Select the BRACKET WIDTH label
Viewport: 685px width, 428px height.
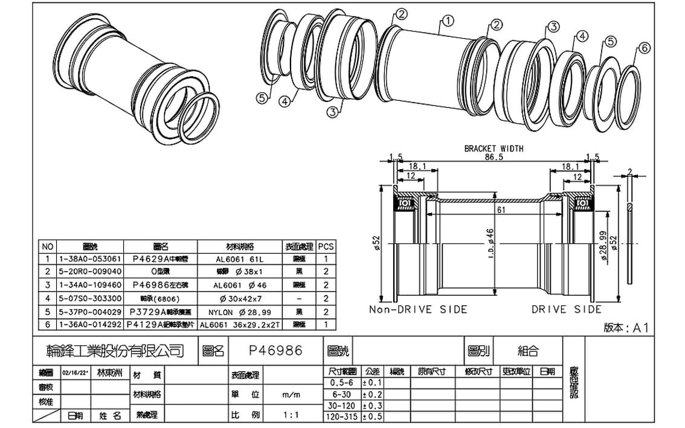tap(494, 148)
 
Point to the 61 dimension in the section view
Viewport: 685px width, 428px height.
tap(501, 209)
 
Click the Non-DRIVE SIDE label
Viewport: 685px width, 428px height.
tap(418, 310)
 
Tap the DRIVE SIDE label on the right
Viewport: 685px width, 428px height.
tap(567, 310)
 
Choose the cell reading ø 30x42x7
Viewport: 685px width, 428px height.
tap(239, 298)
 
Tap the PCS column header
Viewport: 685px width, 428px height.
tap(326, 246)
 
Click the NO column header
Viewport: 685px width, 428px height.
tap(48, 246)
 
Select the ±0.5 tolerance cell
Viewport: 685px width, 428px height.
tap(372, 417)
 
